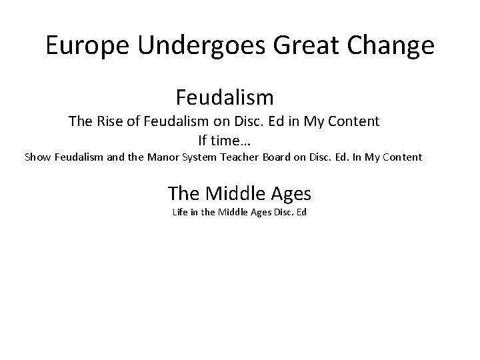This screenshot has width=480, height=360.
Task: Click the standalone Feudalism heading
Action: click(x=225, y=97)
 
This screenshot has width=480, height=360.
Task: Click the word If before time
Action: click(x=204, y=141)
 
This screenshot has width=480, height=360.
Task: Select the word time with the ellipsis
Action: click(x=233, y=141)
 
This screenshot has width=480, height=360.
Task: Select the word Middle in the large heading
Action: click(x=233, y=193)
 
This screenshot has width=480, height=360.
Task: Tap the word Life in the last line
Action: click(x=180, y=213)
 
